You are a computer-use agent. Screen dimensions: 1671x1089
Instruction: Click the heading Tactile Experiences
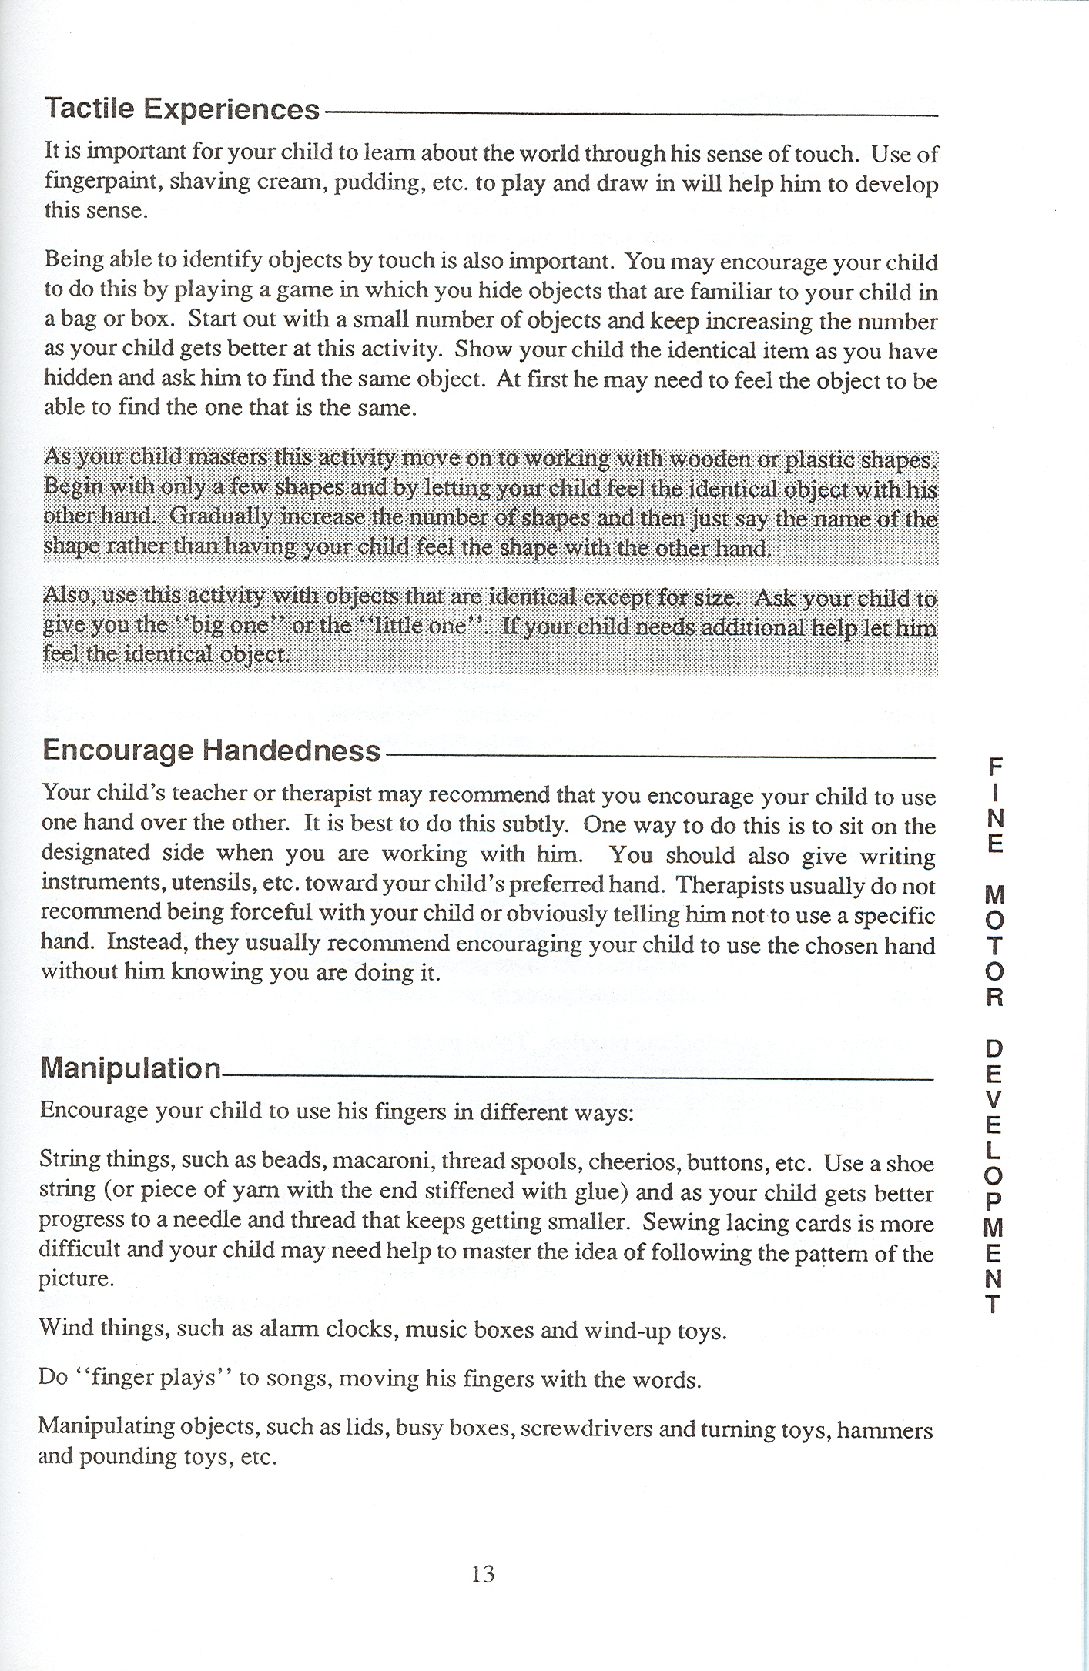[x=182, y=109]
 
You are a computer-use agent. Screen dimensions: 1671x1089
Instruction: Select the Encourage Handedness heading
[x=211, y=750]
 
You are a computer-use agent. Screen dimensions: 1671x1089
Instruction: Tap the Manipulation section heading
[x=130, y=1068]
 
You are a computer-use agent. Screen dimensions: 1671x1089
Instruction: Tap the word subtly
[x=531, y=824]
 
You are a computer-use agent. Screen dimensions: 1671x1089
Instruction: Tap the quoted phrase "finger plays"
[x=149, y=1377]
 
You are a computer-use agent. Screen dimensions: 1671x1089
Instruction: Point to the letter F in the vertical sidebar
[x=996, y=767]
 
